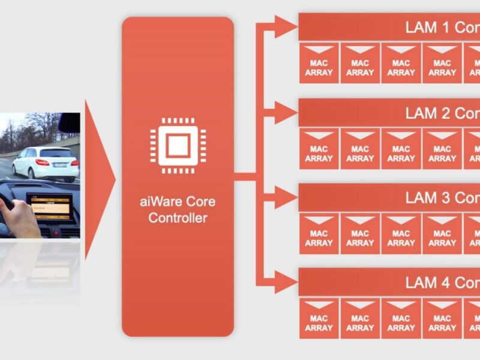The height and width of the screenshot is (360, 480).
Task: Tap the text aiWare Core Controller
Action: pos(178,209)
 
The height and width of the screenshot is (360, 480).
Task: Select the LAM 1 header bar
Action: pos(389,28)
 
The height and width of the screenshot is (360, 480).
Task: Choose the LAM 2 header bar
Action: pos(389,113)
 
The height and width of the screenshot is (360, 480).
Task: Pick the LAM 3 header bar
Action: pos(389,197)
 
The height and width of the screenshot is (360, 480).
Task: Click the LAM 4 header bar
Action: pos(389,282)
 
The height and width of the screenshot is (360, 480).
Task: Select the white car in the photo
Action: pos(46,163)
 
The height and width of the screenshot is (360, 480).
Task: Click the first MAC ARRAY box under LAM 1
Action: pos(319,63)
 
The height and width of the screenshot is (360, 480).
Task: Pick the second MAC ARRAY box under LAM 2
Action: pos(360,149)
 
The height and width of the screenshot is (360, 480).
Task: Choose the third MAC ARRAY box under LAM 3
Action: pos(401,233)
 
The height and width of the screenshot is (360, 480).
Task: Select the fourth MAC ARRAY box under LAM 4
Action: pos(442,318)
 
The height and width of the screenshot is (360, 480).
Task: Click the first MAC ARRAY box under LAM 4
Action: pos(319,318)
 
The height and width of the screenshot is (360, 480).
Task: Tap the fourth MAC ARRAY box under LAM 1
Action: pos(442,63)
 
